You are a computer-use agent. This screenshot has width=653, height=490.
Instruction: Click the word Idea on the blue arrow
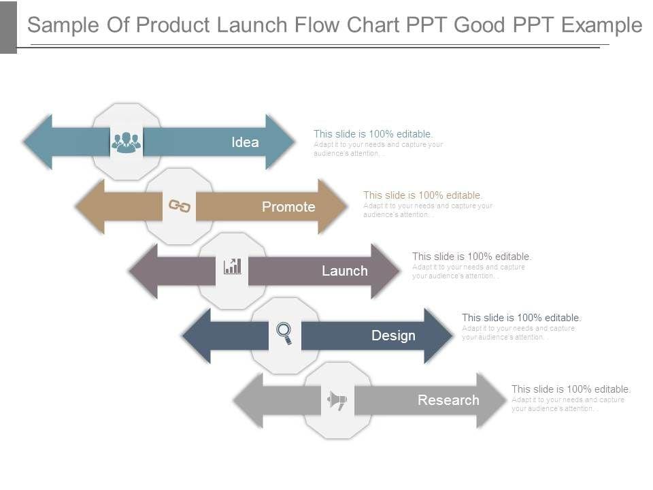245,142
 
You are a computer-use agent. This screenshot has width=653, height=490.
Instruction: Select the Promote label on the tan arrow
288,207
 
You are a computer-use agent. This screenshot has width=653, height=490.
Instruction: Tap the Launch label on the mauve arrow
344,271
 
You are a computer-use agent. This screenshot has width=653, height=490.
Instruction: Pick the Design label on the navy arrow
393,336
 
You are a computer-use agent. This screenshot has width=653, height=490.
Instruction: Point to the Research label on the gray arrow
448,400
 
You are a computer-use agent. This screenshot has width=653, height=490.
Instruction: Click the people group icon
127,142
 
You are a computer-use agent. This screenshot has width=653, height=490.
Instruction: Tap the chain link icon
180,206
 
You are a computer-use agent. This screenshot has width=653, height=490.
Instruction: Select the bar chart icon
233,266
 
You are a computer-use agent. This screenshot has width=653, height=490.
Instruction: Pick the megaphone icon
337,400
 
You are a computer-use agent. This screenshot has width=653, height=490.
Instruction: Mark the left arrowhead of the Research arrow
249,400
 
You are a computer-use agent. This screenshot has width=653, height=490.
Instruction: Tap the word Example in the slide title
603,25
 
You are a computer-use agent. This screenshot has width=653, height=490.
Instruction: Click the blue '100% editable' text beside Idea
373,134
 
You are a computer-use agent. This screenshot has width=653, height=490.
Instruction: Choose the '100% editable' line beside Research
571,389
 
